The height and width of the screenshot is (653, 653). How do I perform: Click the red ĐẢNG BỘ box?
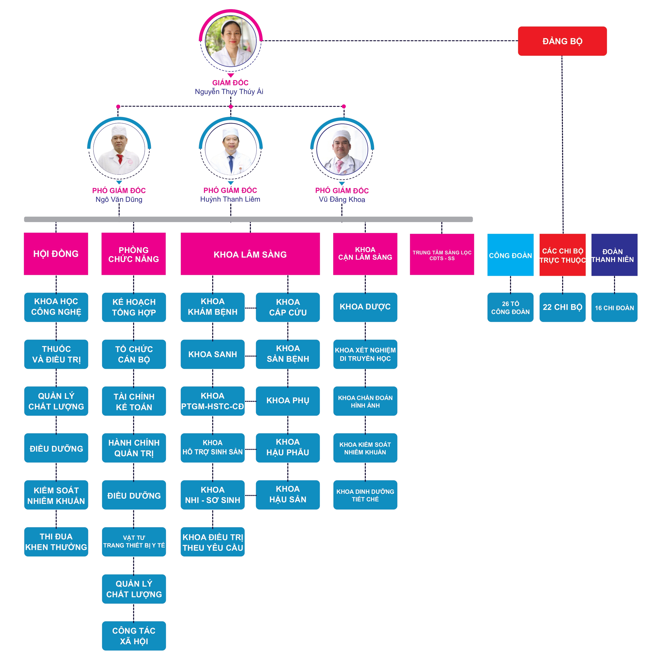click(x=562, y=41)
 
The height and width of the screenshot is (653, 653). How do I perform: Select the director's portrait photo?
click(x=231, y=41)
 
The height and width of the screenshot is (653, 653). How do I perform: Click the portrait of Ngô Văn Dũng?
click(x=119, y=149)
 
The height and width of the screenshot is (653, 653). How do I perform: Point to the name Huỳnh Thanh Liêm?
click(x=230, y=199)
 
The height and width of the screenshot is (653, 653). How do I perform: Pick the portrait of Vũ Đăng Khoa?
click(x=342, y=149)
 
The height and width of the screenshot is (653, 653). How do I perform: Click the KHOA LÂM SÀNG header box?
click(x=250, y=254)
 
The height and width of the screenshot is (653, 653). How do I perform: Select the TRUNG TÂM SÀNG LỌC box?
click(x=442, y=255)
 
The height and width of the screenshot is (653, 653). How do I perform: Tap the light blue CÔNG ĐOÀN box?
click(x=510, y=255)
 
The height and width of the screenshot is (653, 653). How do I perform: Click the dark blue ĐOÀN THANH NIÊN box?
click(x=614, y=255)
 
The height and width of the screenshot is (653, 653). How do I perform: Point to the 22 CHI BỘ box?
click(x=562, y=307)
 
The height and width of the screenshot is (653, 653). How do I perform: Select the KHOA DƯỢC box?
click(x=365, y=307)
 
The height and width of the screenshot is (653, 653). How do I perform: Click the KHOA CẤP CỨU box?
click(x=288, y=307)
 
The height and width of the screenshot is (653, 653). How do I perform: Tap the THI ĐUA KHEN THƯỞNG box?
click(x=56, y=541)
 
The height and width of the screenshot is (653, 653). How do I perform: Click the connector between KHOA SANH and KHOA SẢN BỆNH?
click(x=250, y=356)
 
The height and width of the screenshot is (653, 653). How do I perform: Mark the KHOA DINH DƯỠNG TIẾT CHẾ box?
click(x=365, y=495)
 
